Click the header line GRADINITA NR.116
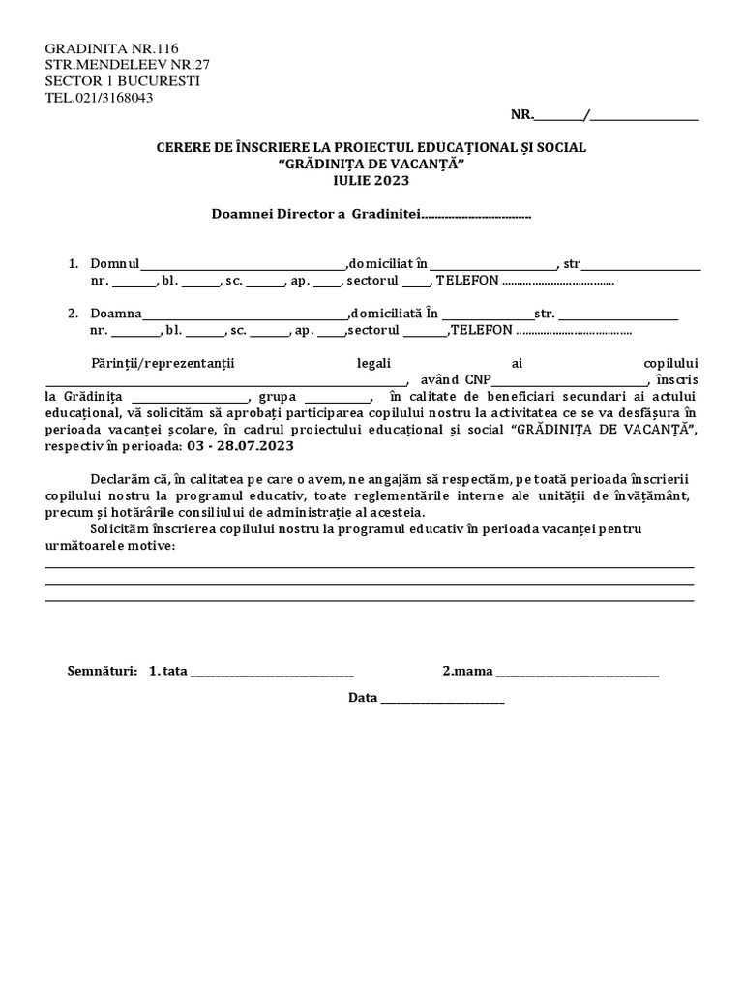point(111,49)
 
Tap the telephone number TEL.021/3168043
point(99,97)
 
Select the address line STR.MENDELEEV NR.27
point(127,65)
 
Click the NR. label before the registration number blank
point(521,115)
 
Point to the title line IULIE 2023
point(371,180)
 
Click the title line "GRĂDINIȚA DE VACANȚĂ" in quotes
point(371,164)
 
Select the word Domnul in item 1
point(115,263)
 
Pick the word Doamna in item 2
point(116,314)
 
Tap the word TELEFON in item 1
point(467,281)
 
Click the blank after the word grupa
point(338,399)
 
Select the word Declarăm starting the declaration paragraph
point(120,479)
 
